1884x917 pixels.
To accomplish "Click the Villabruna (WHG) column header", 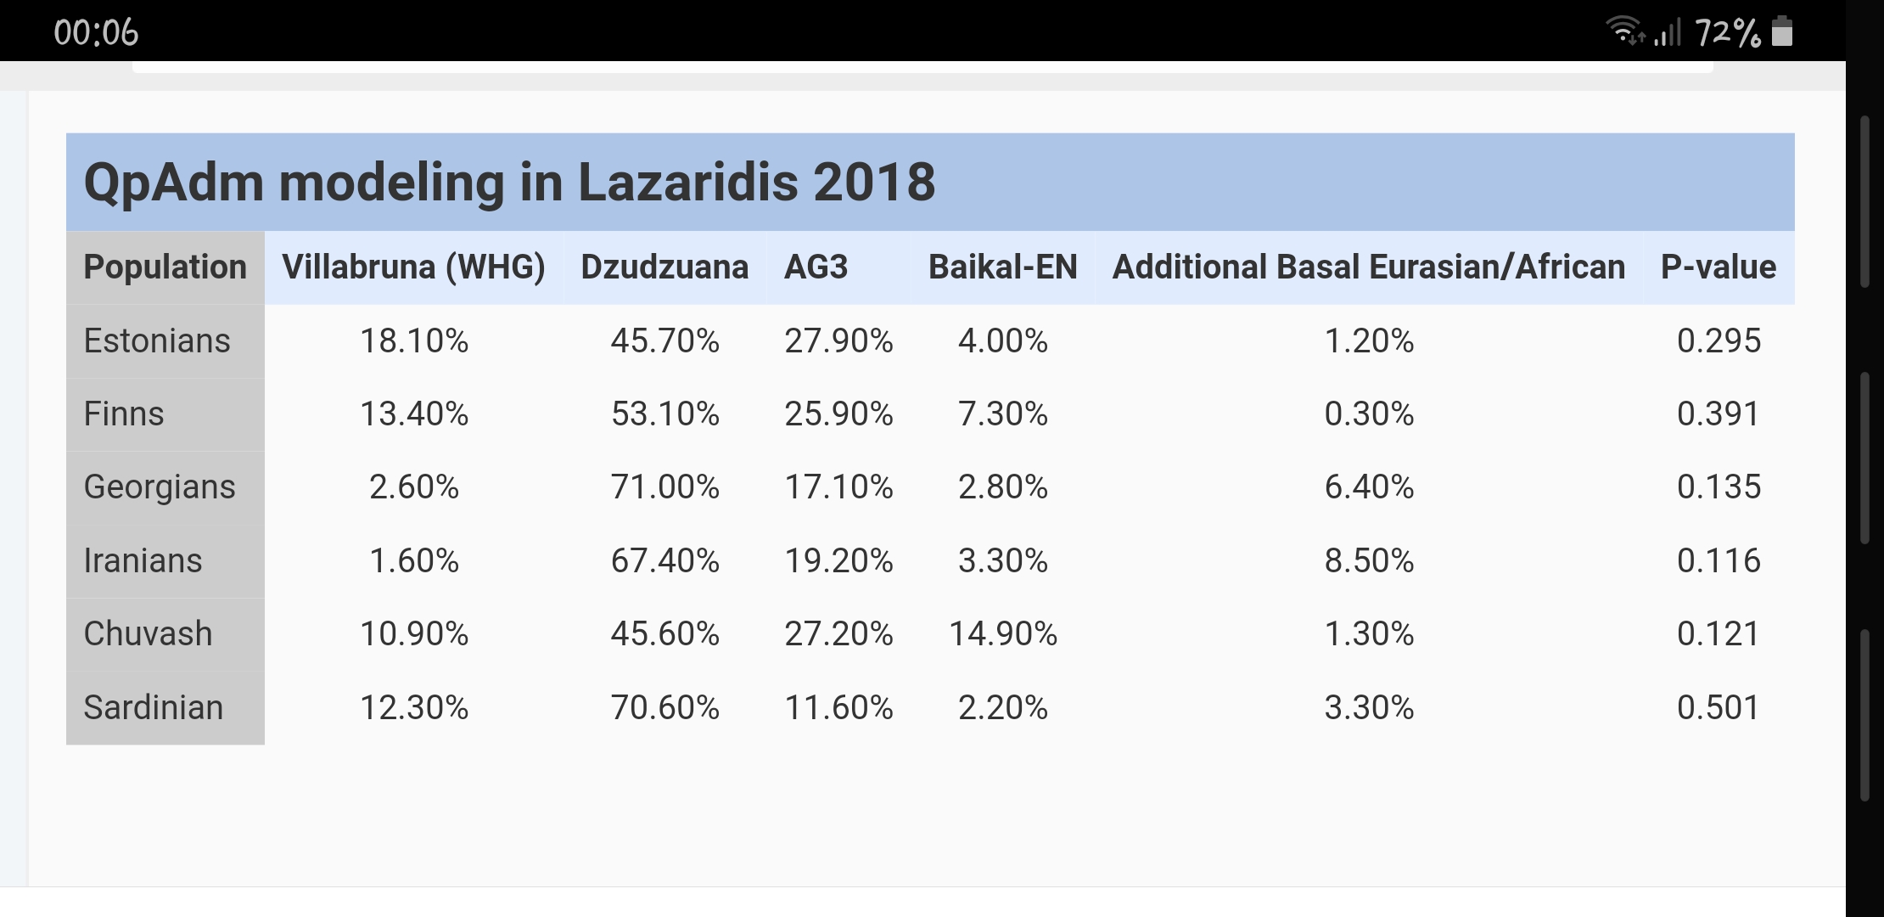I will coord(413,267).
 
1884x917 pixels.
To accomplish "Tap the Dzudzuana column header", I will coord(664,267).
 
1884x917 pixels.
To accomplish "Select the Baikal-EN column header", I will coord(1002,267).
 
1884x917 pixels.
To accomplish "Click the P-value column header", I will coord(1718,267).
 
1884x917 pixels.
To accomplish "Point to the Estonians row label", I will coord(157,341).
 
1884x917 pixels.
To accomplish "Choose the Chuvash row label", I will coord(148,634).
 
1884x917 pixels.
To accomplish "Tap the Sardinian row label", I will coord(154,708).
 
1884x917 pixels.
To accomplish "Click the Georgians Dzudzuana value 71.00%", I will coord(664,487).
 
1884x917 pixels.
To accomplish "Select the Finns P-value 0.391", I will coord(1718,414).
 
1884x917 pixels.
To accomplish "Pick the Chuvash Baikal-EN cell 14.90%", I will coord(1002,634).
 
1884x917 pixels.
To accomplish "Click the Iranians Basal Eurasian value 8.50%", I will coord(1369,561).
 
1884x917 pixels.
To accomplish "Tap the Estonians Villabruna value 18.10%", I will coord(413,341).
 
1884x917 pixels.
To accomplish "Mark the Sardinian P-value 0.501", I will coord(1718,708).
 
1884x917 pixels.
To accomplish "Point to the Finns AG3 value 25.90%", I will coord(838,414).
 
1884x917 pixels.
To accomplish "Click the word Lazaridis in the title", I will coord(688,183).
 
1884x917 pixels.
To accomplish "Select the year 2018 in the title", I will coord(874,183).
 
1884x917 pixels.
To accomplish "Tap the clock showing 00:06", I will coord(96,32).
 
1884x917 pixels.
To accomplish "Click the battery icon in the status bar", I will coord(1783,31).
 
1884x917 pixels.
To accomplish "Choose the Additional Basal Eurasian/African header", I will coord(1369,267).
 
